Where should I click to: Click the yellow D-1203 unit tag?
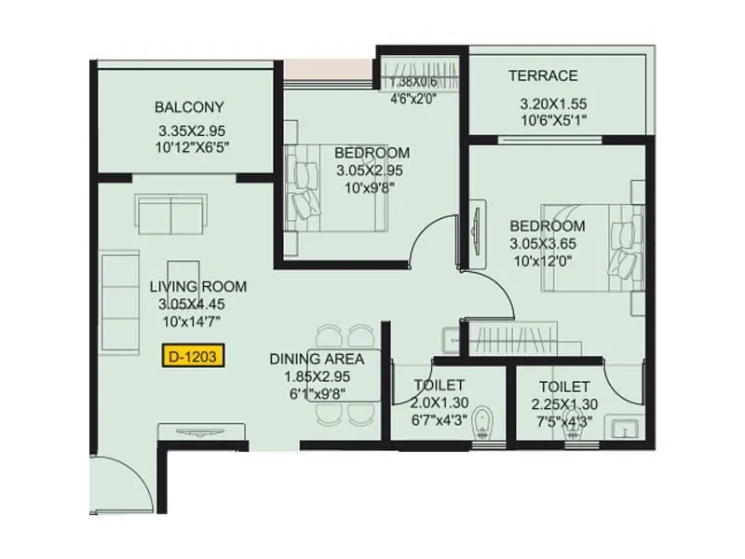[x=194, y=355]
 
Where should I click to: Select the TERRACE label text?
[x=543, y=75]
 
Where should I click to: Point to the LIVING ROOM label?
[x=191, y=286]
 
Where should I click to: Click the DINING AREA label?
[x=317, y=359]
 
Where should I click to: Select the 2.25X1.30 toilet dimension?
[x=563, y=403]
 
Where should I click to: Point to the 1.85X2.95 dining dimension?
[x=317, y=377]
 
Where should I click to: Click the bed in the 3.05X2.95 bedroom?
[x=335, y=186]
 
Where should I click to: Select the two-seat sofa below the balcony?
[x=172, y=215]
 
